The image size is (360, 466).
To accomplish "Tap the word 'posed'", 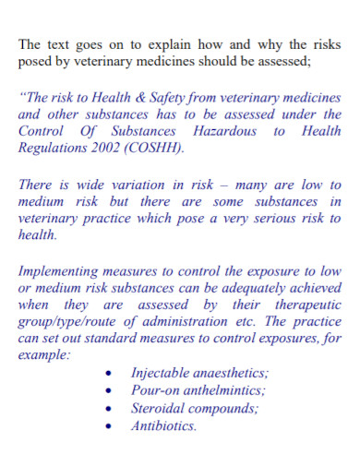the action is coord(36,61).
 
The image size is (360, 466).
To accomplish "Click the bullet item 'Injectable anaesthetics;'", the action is coord(199,373).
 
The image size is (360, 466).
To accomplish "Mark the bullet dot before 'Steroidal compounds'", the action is coord(111,409).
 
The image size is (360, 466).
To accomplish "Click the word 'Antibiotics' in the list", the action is coord(163,426).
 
